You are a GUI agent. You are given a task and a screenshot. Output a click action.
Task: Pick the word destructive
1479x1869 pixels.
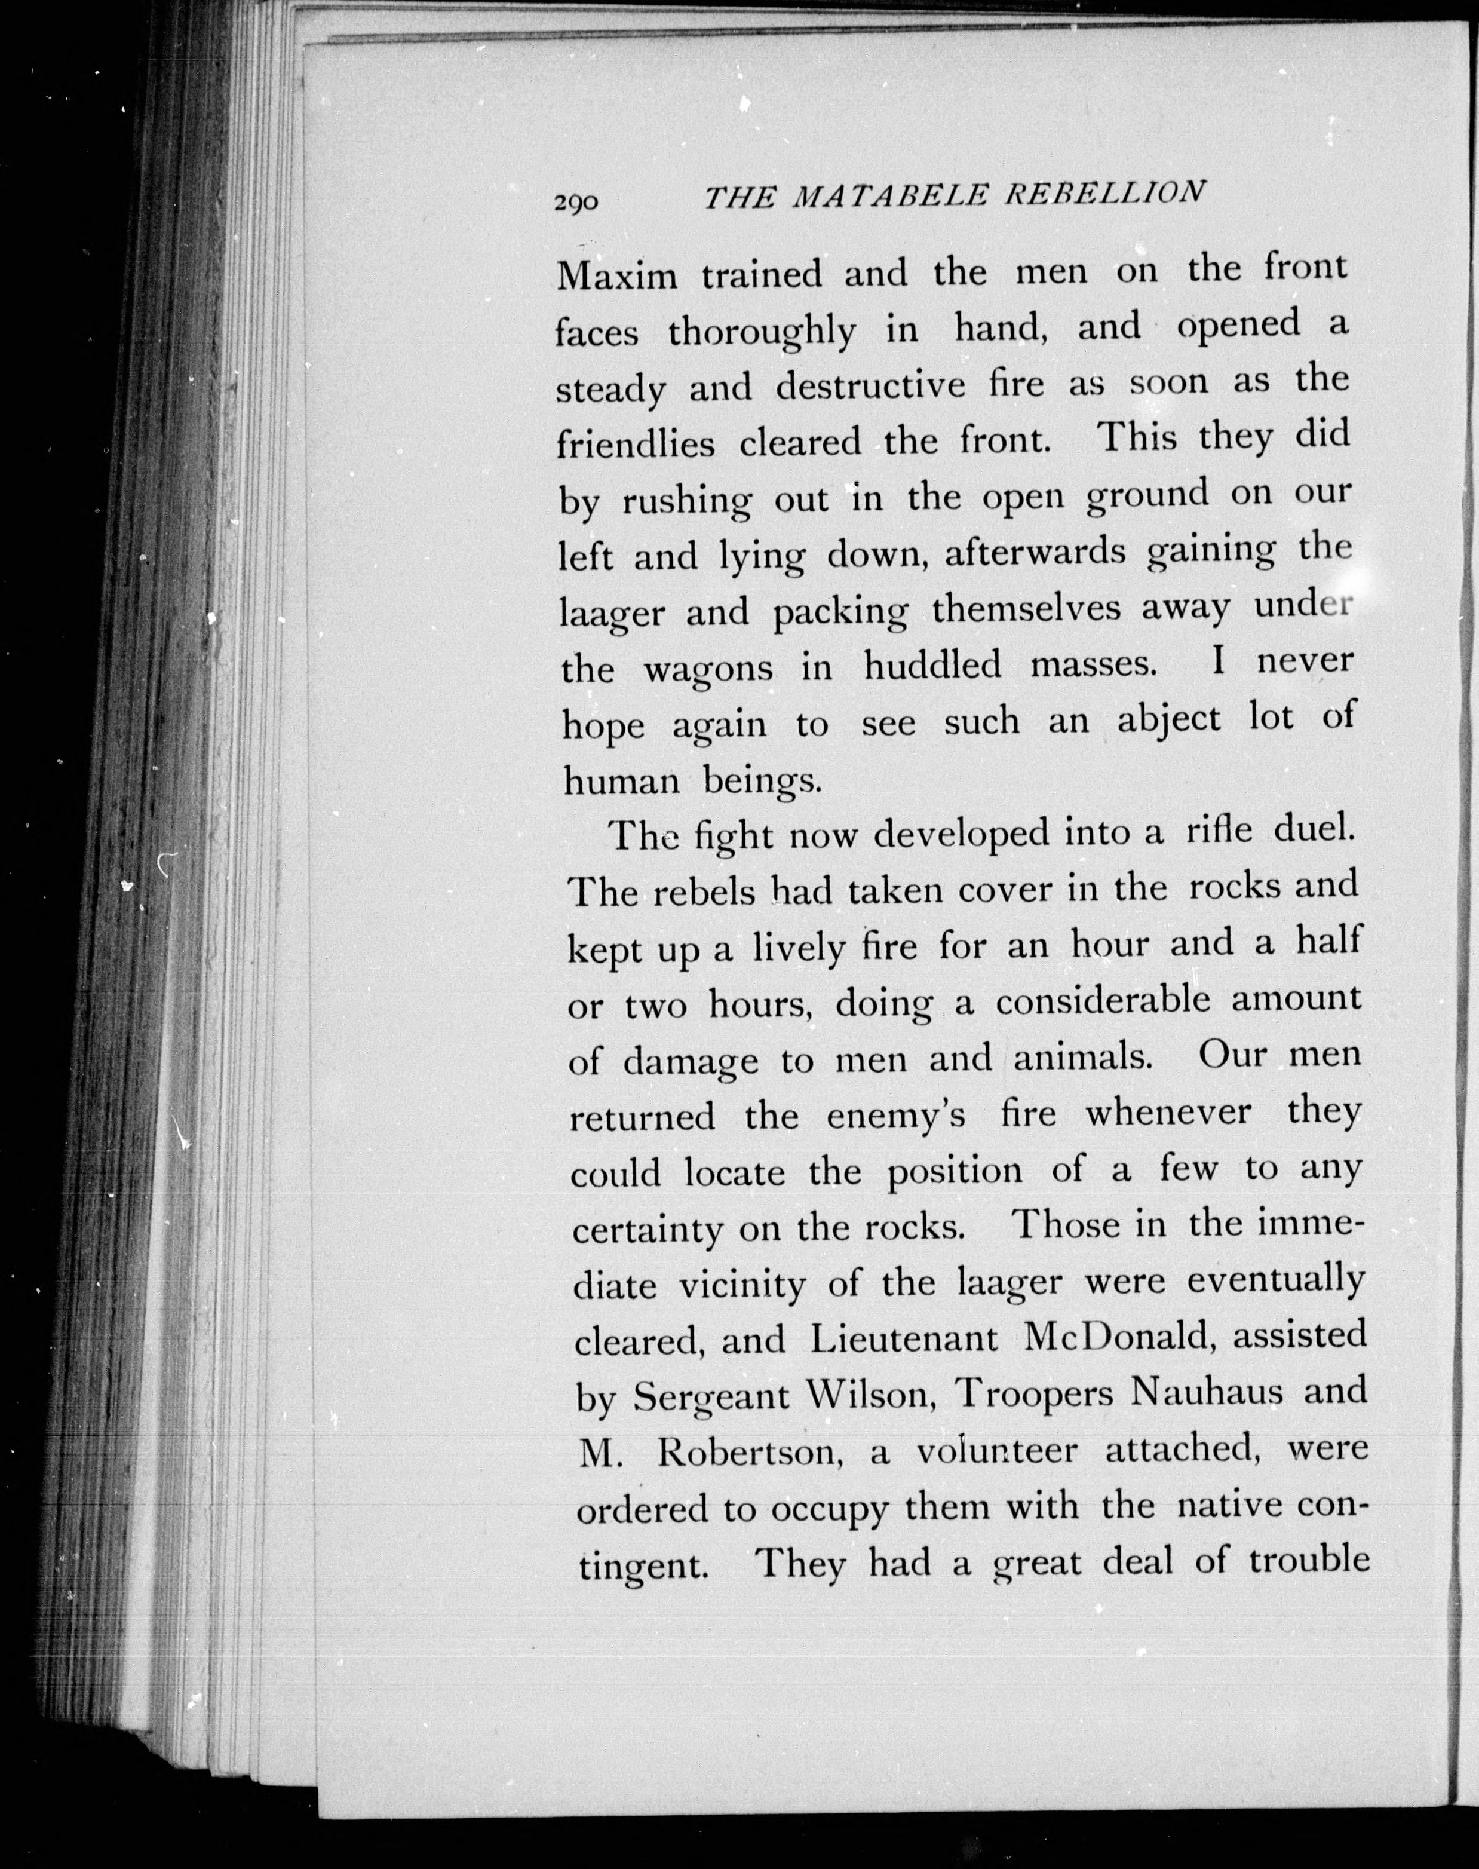(x=870, y=386)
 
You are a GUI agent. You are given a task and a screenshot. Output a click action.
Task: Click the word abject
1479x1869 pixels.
(x=1169, y=721)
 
